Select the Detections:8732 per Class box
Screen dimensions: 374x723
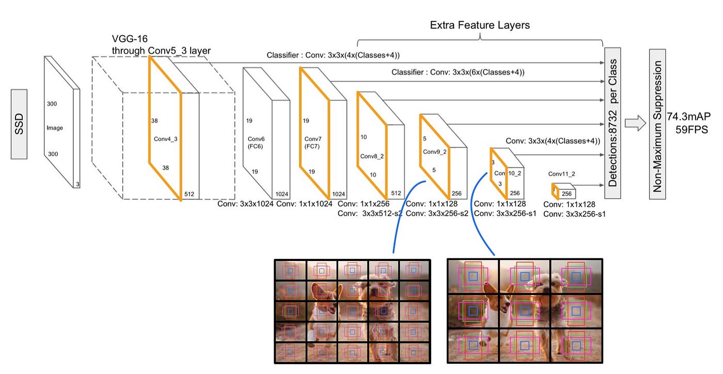point(612,123)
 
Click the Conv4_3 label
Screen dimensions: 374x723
point(165,139)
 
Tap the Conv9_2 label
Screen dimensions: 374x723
point(434,152)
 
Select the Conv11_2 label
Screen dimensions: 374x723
point(561,174)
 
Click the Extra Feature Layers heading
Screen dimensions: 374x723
point(480,25)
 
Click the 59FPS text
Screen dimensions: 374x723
point(691,129)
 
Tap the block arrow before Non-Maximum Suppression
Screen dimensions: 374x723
point(635,124)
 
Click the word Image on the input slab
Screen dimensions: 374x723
point(54,127)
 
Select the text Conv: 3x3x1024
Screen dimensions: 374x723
point(245,204)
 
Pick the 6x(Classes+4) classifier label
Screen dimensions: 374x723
point(458,72)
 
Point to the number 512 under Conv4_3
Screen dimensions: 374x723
point(190,194)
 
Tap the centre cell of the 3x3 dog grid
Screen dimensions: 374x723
point(525,311)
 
